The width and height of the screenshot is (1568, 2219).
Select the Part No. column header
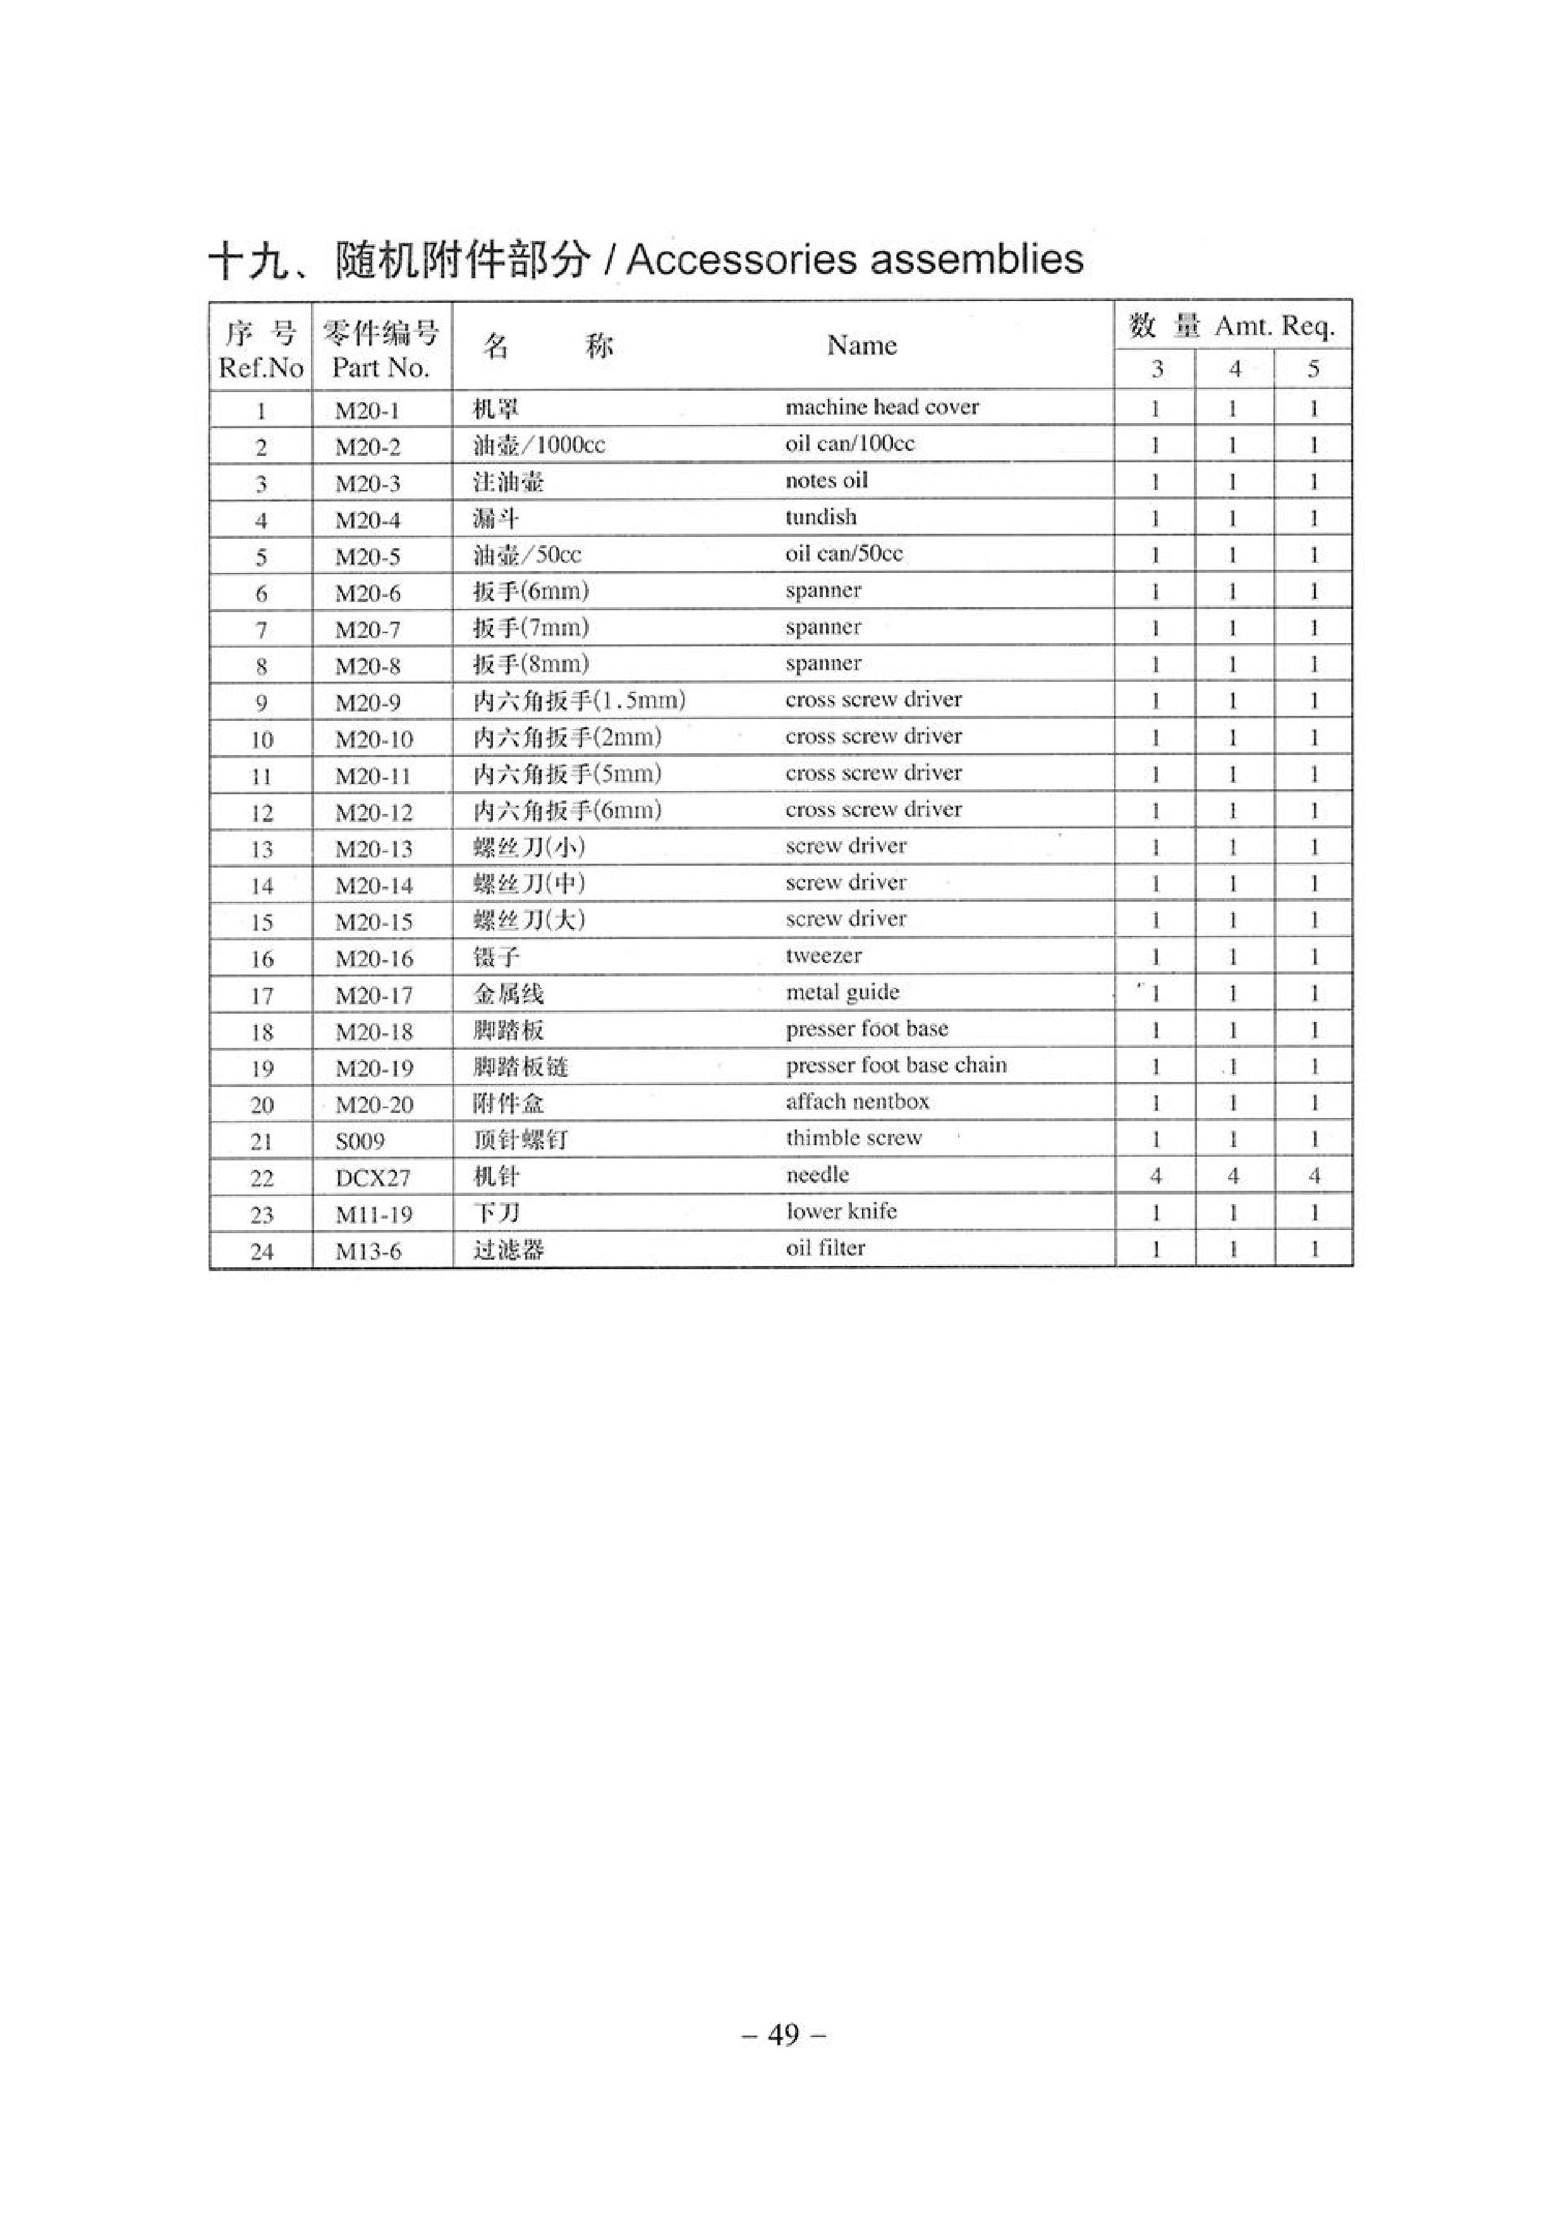[380, 367]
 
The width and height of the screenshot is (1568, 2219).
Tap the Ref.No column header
[261, 368]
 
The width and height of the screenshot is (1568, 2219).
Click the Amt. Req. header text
[1274, 327]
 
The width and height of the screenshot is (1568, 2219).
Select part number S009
[360, 1141]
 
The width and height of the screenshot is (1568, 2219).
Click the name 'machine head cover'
[881, 407]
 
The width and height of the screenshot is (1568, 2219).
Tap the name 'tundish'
[820, 517]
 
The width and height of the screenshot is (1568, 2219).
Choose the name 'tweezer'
[823, 956]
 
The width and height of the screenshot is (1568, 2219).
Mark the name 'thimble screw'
[853, 1138]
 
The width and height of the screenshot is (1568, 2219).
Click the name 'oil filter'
[825, 1248]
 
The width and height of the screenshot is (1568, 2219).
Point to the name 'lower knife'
[841, 1211]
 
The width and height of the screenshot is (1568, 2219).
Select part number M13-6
[367, 1251]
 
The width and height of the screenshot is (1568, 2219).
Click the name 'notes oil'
[826, 481]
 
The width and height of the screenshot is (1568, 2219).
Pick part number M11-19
[373, 1215]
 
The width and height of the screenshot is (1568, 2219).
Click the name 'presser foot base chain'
[896, 1065]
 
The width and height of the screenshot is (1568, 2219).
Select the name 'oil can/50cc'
[844, 554]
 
